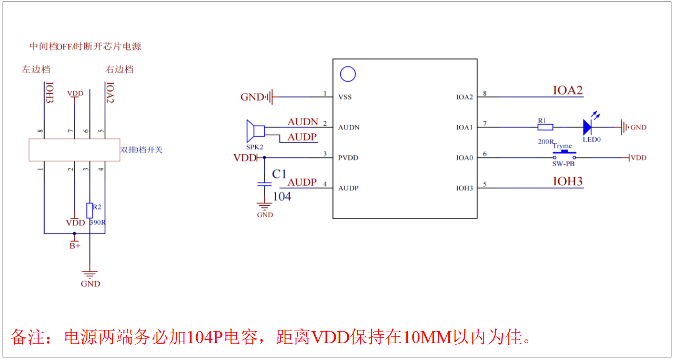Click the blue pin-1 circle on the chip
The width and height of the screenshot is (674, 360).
click(348, 74)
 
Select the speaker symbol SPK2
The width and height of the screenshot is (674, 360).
click(256, 131)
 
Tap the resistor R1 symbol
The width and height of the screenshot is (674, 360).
click(545, 127)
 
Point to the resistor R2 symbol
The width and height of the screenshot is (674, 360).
click(90, 211)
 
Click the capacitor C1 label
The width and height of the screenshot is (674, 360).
click(279, 174)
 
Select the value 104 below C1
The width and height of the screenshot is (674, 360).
click(282, 196)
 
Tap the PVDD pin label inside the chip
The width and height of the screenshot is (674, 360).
click(348, 158)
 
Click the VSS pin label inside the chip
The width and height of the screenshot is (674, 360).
click(345, 97)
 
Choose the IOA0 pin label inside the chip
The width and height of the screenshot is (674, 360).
click(465, 158)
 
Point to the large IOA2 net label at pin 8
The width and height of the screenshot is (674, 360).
click(568, 90)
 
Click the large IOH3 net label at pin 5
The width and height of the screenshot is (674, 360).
click(568, 182)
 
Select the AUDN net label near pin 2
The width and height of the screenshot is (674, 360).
click(303, 122)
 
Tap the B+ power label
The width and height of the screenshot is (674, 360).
click(75, 246)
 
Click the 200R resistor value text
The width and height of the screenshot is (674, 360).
click(546, 142)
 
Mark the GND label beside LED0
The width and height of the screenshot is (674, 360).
click(639, 127)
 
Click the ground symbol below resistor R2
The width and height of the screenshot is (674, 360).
click(90, 274)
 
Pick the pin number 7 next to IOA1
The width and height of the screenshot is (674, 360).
click(485, 124)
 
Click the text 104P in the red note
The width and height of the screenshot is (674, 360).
click(205, 337)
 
